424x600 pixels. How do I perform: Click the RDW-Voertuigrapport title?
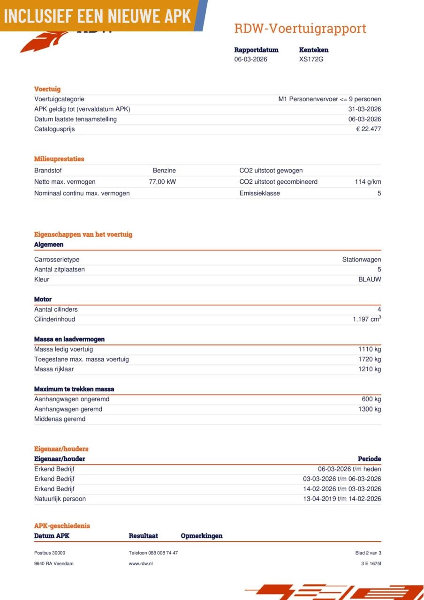pyautogui.click(x=300, y=29)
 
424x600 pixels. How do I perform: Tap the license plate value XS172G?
pyautogui.click(x=311, y=60)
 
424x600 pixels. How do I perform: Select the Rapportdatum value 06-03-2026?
pyautogui.click(x=251, y=60)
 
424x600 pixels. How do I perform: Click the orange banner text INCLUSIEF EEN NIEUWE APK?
pyautogui.click(x=98, y=16)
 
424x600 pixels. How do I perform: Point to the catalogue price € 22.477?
pyautogui.click(x=368, y=129)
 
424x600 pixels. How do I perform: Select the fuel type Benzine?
pyautogui.click(x=164, y=171)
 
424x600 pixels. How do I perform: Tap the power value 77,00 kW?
pyautogui.click(x=162, y=182)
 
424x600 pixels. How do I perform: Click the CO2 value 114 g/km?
pyautogui.click(x=368, y=182)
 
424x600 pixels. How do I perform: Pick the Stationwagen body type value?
pyautogui.click(x=361, y=260)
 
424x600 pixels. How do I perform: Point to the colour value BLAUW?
pyautogui.click(x=370, y=279)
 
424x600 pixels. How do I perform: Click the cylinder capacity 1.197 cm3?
pyautogui.click(x=367, y=319)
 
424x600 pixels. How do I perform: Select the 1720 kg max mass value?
pyautogui.click(x=370, y=360)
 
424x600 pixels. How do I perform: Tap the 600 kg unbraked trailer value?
pyautogui.click(x=371, y=399)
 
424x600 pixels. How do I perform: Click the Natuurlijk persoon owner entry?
pyautogui.click(x=60, y=499)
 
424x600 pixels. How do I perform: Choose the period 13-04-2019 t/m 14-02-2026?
pyautogui.click(x=342, y=499)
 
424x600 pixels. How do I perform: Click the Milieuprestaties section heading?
pyautogui.click(x=59, y=159)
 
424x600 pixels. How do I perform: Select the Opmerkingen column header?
pyautogui.click(x=202, y=536)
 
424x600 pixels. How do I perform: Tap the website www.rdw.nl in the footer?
pyautogui.click(x=141, y=563)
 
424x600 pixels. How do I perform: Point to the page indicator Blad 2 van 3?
pyautogui.click(x=368, y=553)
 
